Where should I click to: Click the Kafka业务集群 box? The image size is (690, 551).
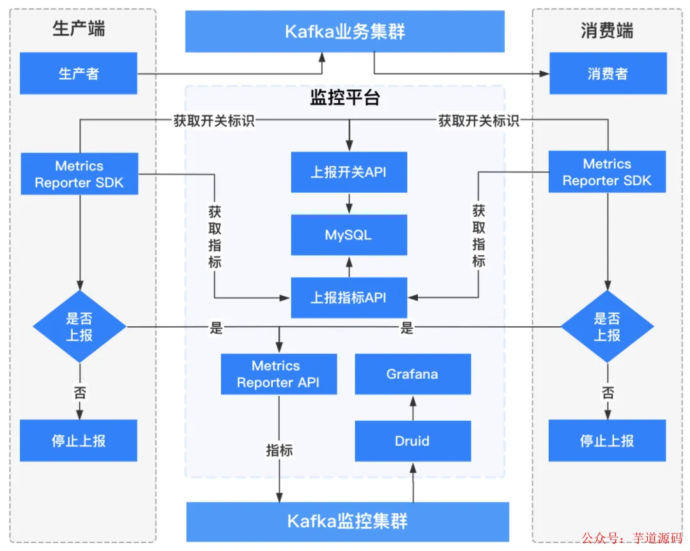click(x=344, y=31)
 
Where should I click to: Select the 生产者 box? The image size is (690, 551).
click(x=79, y=73)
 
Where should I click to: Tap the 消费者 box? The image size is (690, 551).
click(x=608, y=73)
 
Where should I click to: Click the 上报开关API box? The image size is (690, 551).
click(x=349, y=172)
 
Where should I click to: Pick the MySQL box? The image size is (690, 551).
click(x=349, y=235)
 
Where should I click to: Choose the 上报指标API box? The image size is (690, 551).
click(x=349, y=298)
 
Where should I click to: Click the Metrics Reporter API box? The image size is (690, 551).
click(x=279, y=374)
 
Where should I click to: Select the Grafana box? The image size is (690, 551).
click(x=413, y=374)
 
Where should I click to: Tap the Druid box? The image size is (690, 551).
click(x=413, y=441)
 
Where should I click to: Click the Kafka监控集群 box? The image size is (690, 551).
click(x=348, y=522)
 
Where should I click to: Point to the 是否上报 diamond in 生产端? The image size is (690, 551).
click(x=80, y=327)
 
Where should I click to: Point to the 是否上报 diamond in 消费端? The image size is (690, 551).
click(x=608, y=327)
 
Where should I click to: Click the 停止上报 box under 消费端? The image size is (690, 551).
click(x=608, y=441)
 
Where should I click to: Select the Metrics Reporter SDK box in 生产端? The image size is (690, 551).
click(x=80, y=174)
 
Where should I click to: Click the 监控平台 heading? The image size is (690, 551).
click(x=345, y=98)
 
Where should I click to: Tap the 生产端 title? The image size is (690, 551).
click(x=79, y=29)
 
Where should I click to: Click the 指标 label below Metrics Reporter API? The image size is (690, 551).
click(x=279, y=450)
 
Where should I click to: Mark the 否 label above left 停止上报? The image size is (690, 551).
click(x=80, y=393)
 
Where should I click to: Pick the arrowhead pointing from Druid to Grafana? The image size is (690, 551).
click(x=413, y=401)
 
